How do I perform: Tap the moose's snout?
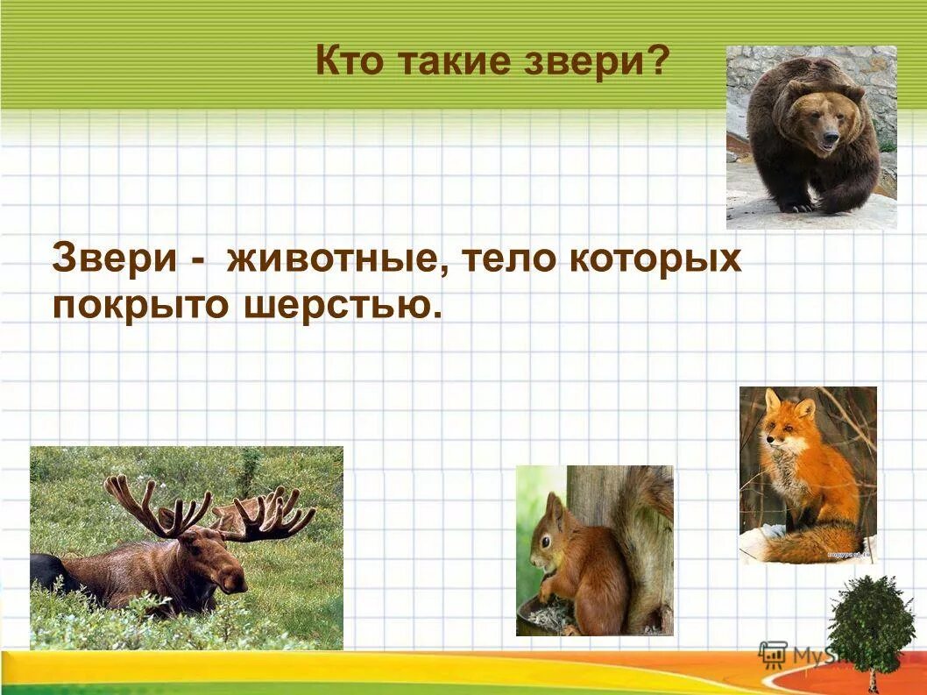[x=231, y=578]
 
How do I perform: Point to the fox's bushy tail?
[x=810, y=543]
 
